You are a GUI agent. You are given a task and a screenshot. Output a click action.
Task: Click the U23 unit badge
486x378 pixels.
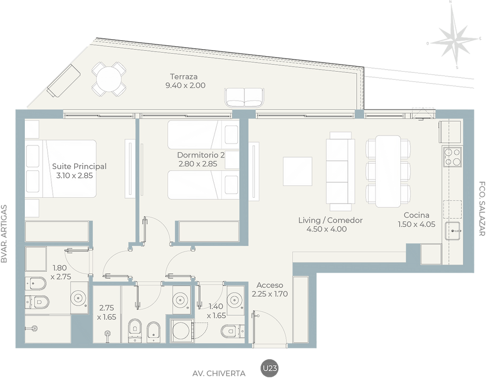tap(270, 368)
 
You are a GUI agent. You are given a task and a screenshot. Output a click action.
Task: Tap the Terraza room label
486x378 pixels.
tap(184, 76)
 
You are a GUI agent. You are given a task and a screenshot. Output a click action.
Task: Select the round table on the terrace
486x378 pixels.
tap(109, 79)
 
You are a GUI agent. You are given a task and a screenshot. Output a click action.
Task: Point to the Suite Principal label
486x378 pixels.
tap(79, 166)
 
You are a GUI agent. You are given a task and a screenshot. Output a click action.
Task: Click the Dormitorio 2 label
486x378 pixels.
tap(201, 155)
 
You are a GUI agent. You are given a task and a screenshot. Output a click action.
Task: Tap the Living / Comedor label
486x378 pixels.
tap(330, 220)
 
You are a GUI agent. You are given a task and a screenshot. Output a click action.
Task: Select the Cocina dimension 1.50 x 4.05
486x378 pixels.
tap(417, 224)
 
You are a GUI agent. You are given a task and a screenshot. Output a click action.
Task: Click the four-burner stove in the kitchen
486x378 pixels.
tap(452, 157)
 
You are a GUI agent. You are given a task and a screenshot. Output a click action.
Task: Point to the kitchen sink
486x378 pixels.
tap(453, 231)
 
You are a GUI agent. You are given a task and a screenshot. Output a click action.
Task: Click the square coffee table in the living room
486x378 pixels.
tap(298, 172)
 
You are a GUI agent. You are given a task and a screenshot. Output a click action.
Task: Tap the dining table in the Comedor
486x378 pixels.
tap(388, 171)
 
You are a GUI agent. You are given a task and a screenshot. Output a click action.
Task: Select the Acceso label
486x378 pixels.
tap(270, 285)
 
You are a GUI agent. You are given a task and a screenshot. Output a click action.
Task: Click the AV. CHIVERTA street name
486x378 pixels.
tap(219, 374)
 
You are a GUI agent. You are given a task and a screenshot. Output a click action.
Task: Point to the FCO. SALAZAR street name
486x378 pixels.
tap(482, 209)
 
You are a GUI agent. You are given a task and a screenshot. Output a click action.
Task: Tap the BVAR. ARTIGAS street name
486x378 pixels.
tap(4, 233)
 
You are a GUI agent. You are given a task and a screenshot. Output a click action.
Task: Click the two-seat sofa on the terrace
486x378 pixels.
tap(244, 97)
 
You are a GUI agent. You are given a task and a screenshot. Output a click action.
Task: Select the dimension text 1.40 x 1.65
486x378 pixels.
tap(216, 311)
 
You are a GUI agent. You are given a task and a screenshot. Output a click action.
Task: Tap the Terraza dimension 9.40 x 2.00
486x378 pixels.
tap(185, 85)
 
